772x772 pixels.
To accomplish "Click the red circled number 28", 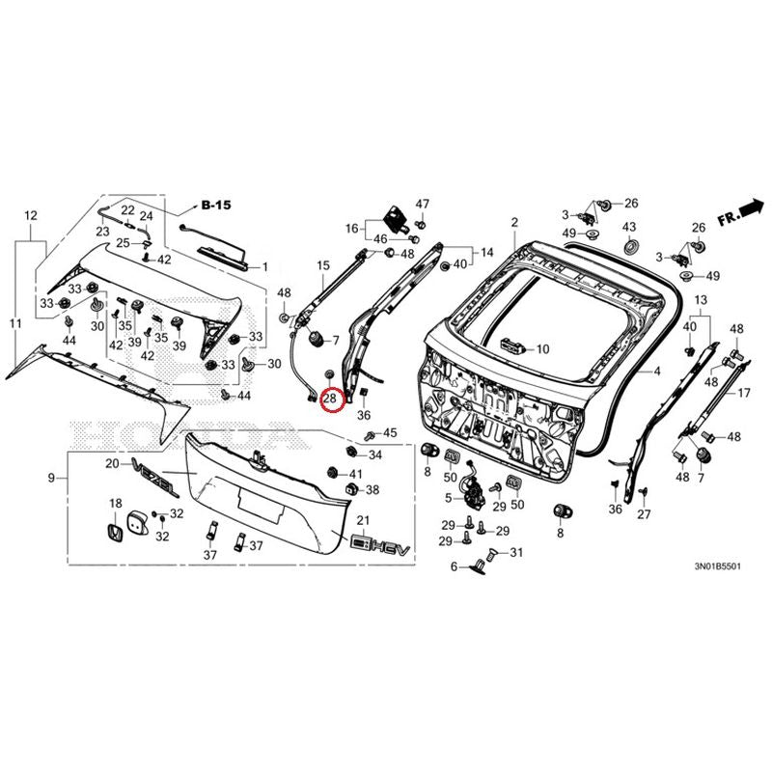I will pos(331,397).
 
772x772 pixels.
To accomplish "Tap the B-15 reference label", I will pos(216,206).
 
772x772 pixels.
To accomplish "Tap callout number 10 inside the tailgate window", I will pos(542,348).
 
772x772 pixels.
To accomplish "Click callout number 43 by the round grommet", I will pos(629,227).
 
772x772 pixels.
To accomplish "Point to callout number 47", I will pos(422,204).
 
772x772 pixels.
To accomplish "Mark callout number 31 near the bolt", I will pos(515,552).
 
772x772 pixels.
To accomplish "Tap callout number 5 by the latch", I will pos(448,498).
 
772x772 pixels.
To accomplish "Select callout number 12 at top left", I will pos(30,215).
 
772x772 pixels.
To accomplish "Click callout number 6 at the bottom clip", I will pos(454,566).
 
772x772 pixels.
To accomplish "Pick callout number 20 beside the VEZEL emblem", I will pos(111,464).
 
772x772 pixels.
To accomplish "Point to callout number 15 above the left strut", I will pos(323,263).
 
